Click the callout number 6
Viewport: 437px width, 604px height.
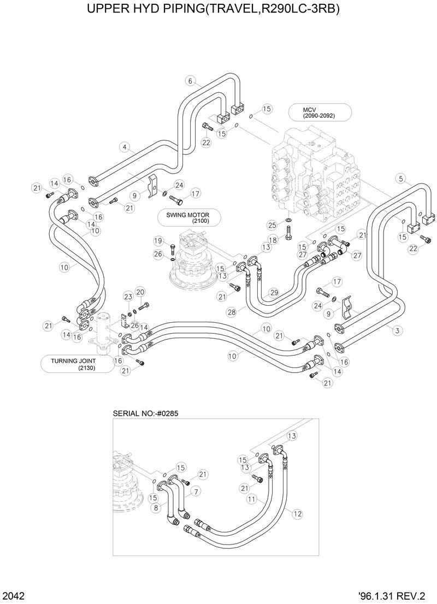point(190,81)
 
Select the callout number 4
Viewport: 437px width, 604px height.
point(125,147)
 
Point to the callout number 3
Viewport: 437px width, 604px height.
point(396,330)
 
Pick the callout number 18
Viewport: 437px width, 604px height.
point(272,240)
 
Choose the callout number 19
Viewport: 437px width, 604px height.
point(158,240)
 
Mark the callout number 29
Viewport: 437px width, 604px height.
point(274,293)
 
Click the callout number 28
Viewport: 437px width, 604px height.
point(232,312)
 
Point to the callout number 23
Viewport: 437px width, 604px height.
point(128,297)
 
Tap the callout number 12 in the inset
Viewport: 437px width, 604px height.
point(297,513)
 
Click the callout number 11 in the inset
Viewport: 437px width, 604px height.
point(251,499)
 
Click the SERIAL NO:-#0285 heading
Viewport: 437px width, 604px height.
point(145,413)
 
